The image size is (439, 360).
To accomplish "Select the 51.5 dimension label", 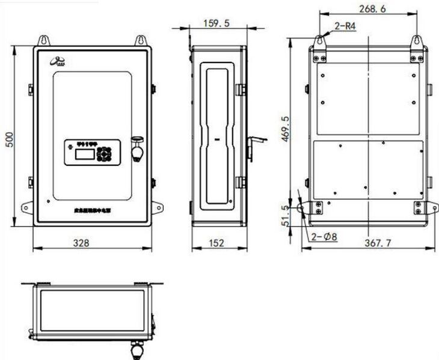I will coord(286,215).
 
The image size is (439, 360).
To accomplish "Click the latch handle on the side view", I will coord(255,142).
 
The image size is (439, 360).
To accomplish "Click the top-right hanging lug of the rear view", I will coord(416,41).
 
